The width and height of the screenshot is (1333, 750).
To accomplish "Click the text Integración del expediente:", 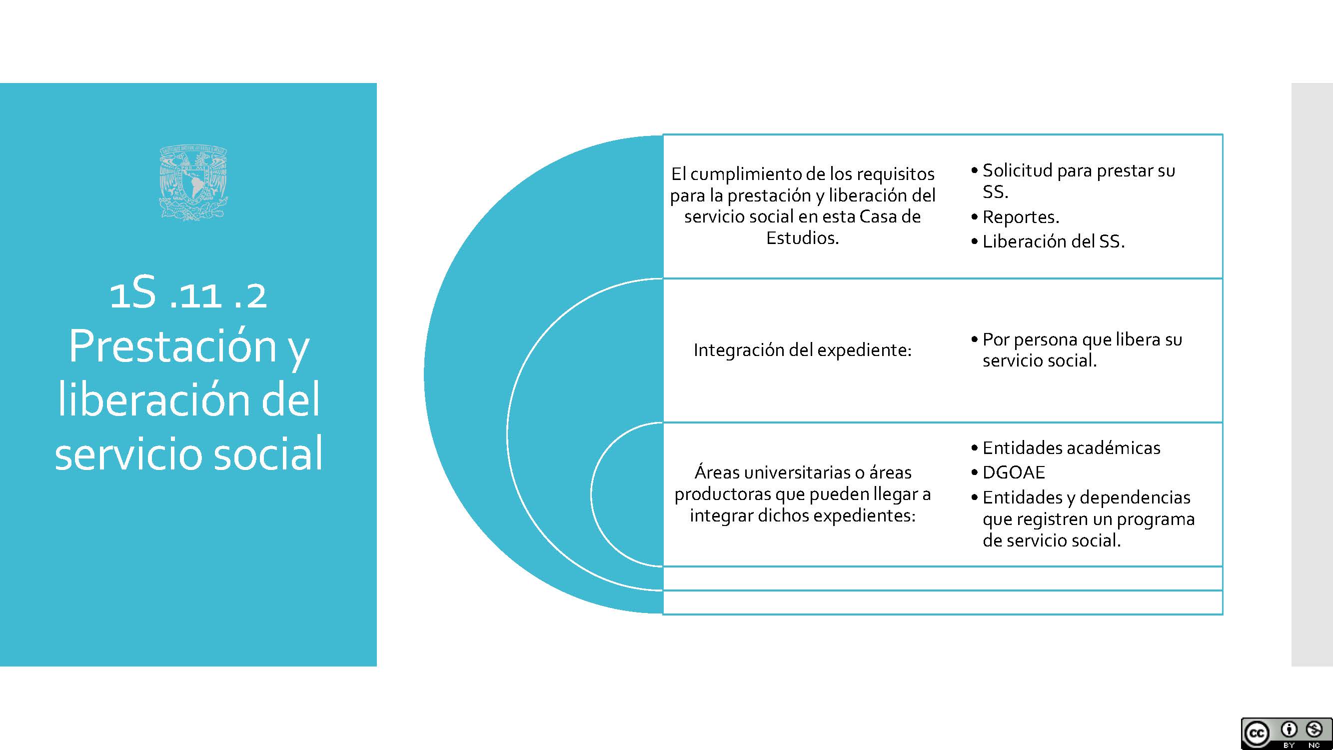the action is point(803,350).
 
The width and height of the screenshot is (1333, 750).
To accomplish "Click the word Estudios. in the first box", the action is point(803,238).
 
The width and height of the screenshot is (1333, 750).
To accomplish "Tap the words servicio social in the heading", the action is point(189,453).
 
